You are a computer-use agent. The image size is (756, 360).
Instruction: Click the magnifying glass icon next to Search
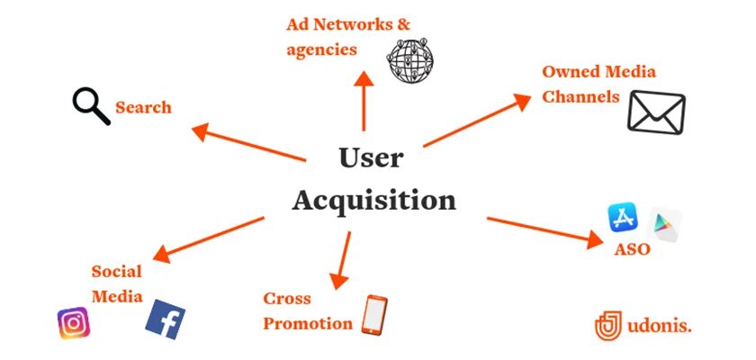point(91,105)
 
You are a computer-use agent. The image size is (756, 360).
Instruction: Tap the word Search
point(143,108)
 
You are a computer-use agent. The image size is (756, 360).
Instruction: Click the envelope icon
point(656,113)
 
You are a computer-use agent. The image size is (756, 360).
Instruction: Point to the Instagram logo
point(73,323)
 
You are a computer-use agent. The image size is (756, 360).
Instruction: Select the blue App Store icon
point(623,218)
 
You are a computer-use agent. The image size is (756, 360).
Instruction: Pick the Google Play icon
point(666,222)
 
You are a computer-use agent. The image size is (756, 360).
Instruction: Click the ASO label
point(632,249)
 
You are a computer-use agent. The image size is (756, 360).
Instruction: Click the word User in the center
point(371,157)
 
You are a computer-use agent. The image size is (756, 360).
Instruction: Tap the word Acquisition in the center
point(373,199)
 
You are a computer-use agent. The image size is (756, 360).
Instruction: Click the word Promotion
point(308,323)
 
